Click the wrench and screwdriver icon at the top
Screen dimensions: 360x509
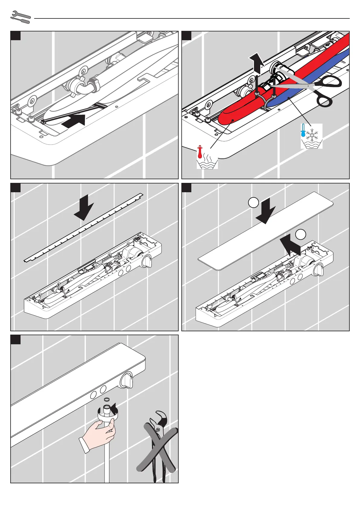tap(21, 17)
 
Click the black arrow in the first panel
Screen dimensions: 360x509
tap(74, 121)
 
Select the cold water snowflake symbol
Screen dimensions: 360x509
tap(311, 136)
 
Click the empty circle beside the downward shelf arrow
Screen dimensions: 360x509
tap(253, 203)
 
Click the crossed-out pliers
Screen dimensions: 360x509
tap(157, 444)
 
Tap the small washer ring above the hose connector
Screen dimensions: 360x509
tap(106, 400)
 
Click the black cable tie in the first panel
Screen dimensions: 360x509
tap(73, 112)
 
